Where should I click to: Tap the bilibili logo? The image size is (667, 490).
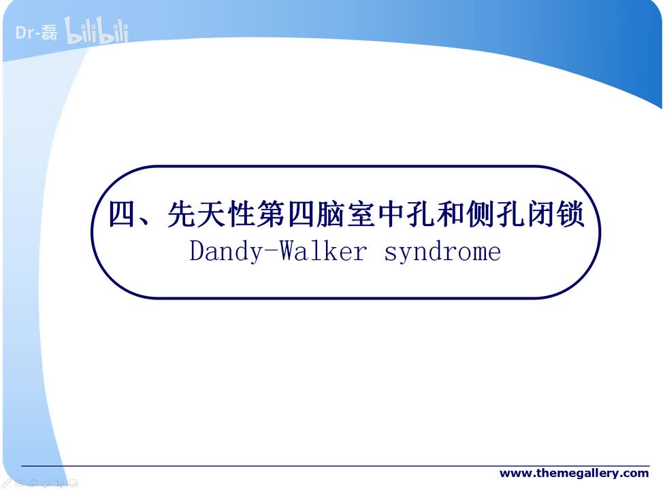[x=96, y=32]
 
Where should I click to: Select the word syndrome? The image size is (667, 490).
[x=442, y=252]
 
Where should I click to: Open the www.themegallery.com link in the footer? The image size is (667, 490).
[x=574, y=473]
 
